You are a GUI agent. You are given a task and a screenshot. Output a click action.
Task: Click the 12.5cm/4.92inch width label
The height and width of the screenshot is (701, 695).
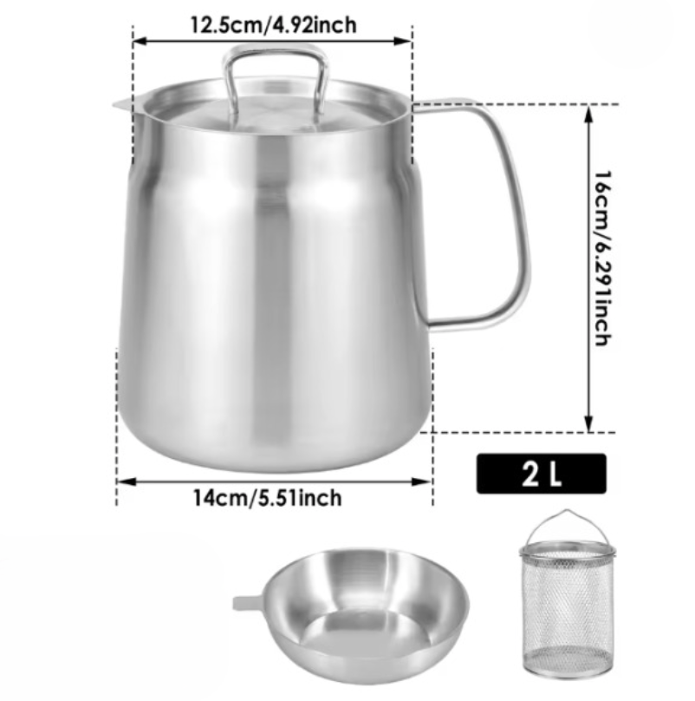273,24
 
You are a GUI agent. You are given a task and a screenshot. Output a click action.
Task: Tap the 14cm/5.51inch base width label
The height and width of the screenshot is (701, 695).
267,498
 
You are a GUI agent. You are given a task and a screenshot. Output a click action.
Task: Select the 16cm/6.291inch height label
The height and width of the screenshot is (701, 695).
602,258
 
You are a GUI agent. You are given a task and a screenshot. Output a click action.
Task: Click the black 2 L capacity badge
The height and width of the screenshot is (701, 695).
542,474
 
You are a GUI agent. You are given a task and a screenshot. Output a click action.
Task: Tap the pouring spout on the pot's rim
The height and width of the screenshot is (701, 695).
124,105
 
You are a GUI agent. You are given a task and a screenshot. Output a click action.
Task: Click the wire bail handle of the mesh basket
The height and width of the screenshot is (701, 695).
568,512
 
